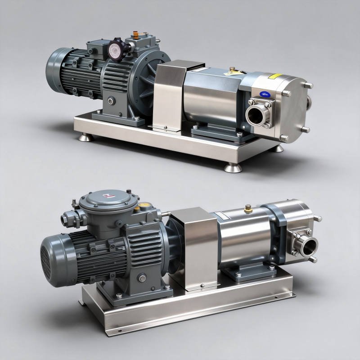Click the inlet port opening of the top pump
point(255,115)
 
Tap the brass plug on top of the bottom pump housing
point(247,208)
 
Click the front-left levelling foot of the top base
point(84,136)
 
